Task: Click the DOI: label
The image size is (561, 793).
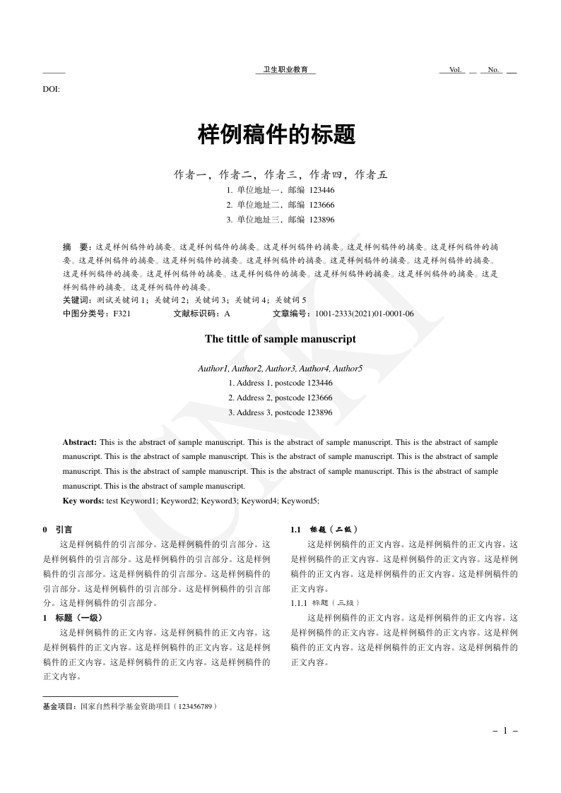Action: click(x=51, y=89)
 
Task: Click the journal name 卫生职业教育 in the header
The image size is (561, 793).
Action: click(x=285, y=70)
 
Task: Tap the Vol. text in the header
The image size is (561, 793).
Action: click(x=455, y=70)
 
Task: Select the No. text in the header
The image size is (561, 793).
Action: click(x=494, y=70)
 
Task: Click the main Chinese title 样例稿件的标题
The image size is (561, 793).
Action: click(x=276, y=134)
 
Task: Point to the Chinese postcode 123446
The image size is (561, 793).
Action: click(x=322, y=190)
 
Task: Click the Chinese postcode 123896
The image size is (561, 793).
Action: click(x=322, y=220)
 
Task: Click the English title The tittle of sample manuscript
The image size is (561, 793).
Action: click(x=280, y=339)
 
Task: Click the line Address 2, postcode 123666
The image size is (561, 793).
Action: click(x=280, y=398)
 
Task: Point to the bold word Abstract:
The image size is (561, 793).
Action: click(x=79, y=442)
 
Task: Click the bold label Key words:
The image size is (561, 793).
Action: click(x=83, y=501)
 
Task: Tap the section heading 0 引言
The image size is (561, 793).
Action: click(x=57, y=529)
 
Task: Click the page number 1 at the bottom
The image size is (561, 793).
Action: click(x=505, y=731)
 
